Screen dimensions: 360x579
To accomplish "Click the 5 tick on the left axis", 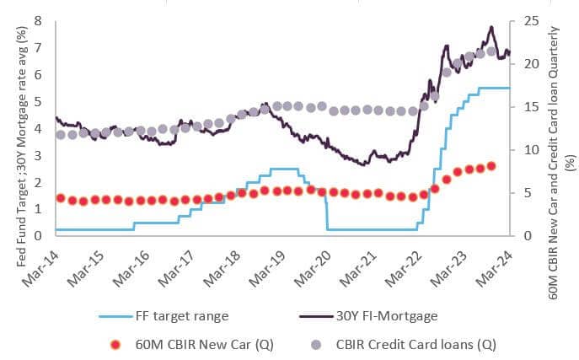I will pyautogui.click(x=39, y=101).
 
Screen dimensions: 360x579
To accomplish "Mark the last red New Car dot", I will pyautogui.click(x=491, y=166).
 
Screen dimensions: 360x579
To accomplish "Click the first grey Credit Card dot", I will pyautogui.click(x=60, y=135).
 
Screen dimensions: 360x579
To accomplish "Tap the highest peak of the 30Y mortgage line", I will pyautogui.click(x=491, y=27).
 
